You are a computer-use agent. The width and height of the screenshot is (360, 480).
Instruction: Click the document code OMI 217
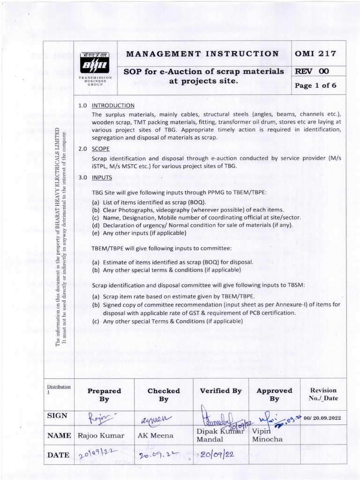(x=315, y=53)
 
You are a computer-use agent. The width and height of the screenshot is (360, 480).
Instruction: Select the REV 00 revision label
(x=312, y=72)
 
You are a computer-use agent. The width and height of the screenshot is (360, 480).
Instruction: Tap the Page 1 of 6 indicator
(x=315, y=86)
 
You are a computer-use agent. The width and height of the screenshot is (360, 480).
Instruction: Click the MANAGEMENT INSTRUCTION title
(x=202, y=53)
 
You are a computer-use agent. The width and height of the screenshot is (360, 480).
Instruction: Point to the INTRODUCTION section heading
(x=113, y=105)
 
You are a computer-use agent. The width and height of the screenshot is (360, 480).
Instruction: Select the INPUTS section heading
(x=102, y=178)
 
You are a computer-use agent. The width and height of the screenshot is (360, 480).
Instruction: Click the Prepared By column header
(x=104, y=395)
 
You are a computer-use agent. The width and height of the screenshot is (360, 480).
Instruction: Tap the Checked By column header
(x=164, y=395)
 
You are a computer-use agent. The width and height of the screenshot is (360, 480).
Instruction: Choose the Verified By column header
(x=221, y=390)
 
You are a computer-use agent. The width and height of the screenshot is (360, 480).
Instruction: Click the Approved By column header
(x=274, y=395)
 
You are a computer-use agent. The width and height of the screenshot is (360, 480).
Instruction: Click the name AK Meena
(x=155, y=435)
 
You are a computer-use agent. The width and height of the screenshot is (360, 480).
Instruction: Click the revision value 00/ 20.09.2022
(x=322, y=418)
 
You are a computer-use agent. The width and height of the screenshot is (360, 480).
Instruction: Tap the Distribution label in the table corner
(x=59, y=389)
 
